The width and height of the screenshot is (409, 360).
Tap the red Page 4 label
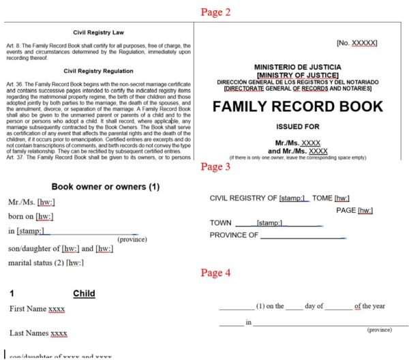click(x=215, y=273)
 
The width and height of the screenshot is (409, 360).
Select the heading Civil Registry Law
click(x=97, y=32)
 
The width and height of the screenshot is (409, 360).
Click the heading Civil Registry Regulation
click(x=97, y=70)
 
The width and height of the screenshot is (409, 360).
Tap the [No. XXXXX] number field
click(x=357, y=43)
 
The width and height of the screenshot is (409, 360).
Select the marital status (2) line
click(x=46, y=262)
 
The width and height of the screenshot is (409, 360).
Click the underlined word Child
click(x=84, y=293)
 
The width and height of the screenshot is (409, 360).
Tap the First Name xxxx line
click(x=37, y=309)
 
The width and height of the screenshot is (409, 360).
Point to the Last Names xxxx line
click(x=38, y=333)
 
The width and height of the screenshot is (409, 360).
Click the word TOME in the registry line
click(x=322, y=198)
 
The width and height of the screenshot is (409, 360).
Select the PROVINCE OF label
click(x=234, y=235)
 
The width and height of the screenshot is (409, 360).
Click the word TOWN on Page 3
click(x=220, y=223)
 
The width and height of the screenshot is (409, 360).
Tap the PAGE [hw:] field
click(x=355, y=210)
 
